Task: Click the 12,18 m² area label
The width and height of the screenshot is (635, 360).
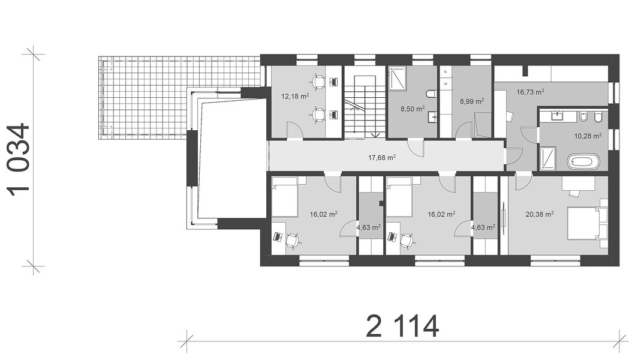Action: click(295, 96)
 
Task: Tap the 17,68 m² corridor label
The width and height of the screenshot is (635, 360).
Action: click(382, 157)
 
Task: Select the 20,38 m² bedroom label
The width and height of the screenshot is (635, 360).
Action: click(540, 214)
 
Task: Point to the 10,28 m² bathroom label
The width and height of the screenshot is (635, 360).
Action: click(588, 136)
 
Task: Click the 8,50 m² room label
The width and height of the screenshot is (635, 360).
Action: click(413, 109)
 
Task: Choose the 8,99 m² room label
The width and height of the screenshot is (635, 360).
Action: click(472, 101)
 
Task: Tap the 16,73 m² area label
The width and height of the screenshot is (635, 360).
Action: click(530, 92)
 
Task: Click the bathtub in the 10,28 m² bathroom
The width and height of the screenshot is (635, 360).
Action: click(583, 161)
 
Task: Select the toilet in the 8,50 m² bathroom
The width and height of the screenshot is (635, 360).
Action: click(431, 94)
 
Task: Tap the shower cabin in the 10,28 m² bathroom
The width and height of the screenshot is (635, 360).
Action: click(548, 158)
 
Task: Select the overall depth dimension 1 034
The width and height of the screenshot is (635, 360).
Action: click(19, 160)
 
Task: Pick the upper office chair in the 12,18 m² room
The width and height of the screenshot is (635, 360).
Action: click(319, 82)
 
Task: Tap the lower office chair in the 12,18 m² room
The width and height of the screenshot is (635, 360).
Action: click(319, 115)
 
